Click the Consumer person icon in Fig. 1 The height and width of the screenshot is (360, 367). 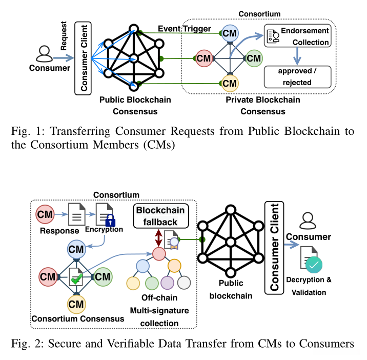45,53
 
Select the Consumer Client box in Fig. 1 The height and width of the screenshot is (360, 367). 82,57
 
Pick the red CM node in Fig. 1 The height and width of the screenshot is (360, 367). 204,58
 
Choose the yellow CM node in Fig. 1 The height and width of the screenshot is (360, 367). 230,82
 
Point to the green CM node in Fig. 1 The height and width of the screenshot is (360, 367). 254,58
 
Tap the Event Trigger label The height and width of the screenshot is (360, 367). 184,29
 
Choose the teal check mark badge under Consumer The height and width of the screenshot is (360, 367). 314,265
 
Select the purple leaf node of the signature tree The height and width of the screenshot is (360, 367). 168,283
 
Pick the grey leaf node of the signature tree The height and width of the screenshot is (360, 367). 184,283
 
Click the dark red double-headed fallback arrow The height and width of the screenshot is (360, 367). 158,238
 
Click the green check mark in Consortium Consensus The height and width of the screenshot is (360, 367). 77,280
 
